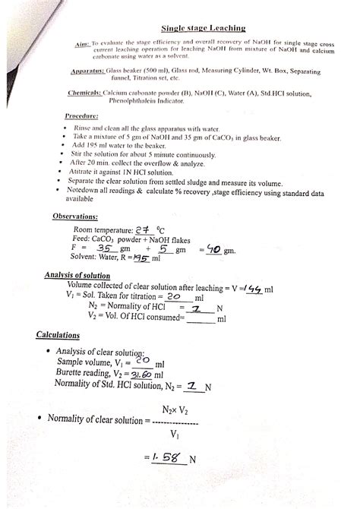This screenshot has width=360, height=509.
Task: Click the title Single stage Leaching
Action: click(207, 28)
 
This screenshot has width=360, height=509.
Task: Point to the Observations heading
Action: click(80, 217)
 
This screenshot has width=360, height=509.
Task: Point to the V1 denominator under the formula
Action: click(175, 435)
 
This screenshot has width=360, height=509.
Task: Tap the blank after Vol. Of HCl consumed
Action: click(201, 320)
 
